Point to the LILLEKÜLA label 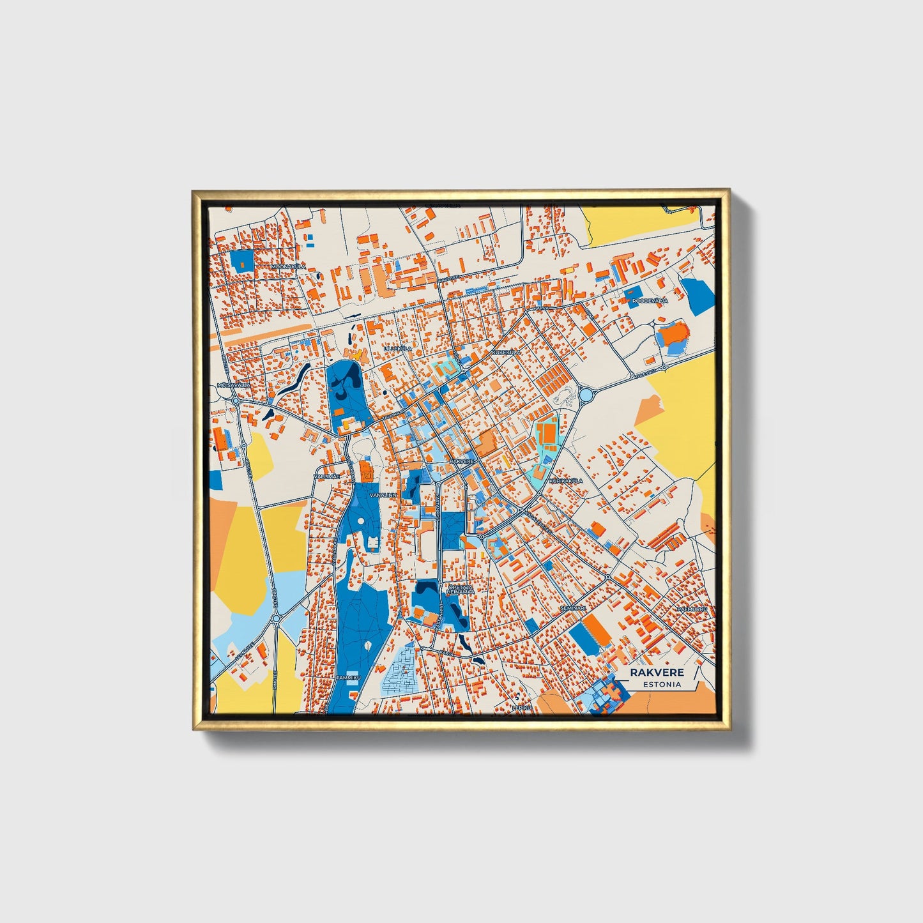pos(398,349)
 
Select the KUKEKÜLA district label pos(507,352)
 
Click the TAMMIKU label pos(349,677)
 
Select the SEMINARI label pos(572,608)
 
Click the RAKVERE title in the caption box pos(657,672)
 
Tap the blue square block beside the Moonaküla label pos(241,259)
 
